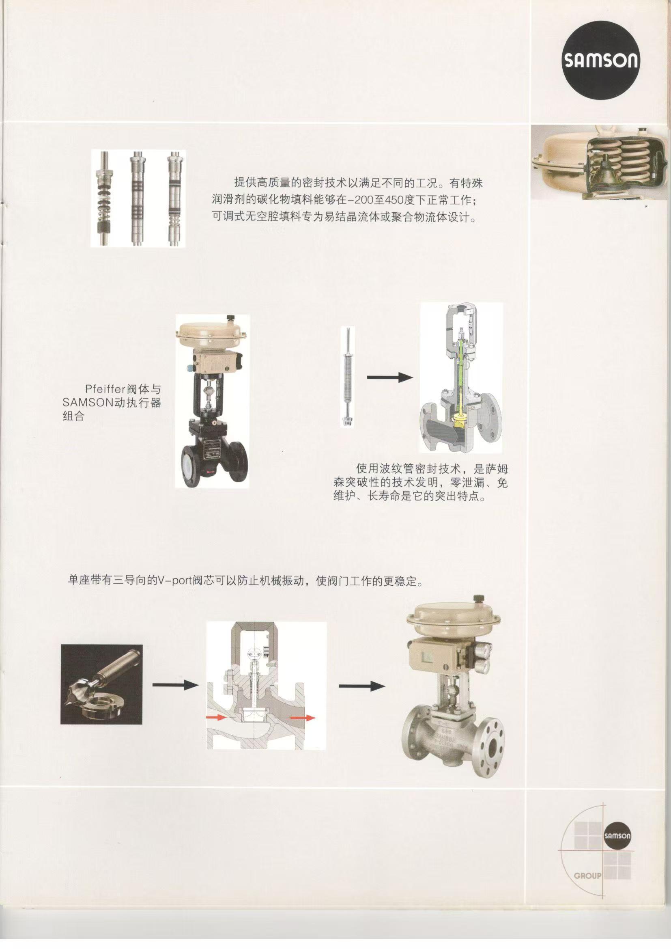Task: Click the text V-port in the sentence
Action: [x=171, y=581]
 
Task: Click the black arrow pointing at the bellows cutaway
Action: [x=389, y=377]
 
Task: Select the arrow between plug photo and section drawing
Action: [x=176, y=685]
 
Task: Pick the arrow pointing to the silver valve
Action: [x=362, y=686]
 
